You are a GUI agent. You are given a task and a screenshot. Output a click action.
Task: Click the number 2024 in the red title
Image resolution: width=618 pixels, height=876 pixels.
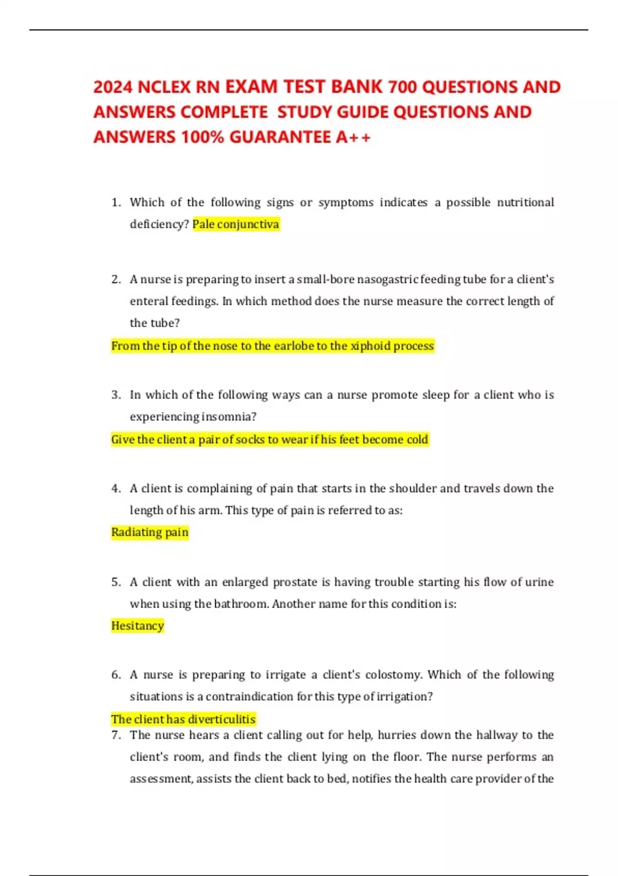pyautogui.click(x=113, y=87)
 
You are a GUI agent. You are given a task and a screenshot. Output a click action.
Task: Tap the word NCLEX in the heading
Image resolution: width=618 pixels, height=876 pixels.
pyautogui.click(x=164, y=87)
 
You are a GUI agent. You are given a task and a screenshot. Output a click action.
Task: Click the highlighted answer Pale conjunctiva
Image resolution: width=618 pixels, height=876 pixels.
pyautogui.click(x=236, y=224)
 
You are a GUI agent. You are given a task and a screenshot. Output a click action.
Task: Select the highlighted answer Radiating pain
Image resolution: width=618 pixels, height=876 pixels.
pyautogui.click(x=150, y=532)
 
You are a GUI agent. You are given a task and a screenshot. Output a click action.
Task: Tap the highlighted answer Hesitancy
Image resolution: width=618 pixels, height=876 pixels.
pyautogui.click(x=138, y=626)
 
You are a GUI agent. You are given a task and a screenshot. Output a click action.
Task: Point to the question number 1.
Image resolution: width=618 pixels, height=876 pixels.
pyautogui.click(x=115, y=203)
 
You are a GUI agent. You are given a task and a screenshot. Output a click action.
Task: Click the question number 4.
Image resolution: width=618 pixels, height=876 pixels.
pyautogui.click(x=115, y=488)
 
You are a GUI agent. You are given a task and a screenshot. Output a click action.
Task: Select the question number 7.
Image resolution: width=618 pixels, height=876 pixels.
pyautogui.click(x=115, y=735)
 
